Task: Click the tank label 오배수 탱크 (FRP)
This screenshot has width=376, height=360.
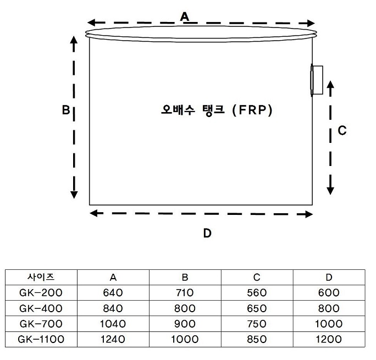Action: [217, 110]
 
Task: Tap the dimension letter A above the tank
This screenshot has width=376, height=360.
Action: [185, 17]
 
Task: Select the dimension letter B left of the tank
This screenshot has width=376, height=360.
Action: [65, 110]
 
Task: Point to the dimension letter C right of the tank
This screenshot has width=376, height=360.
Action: [341, 130]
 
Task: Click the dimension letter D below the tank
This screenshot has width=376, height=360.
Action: [207, 233]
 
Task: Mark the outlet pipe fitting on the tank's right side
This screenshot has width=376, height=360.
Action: [317, 80]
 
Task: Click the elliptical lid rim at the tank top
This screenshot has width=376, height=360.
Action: [202, 33]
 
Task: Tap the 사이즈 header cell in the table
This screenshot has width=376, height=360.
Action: [41, 276]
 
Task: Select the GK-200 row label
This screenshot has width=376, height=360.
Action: [41, 292]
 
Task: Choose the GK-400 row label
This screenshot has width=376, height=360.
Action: [41, 308]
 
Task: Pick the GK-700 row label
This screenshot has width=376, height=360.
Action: [41, 324]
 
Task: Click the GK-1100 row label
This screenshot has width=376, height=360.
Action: [41, 340]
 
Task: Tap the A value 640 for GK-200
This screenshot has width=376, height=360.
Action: [113, 292]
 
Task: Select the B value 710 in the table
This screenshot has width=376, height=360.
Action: [185, 292]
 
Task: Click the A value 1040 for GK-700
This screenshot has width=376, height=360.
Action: [113, 324]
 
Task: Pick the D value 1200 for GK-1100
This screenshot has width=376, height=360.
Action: [329, 340]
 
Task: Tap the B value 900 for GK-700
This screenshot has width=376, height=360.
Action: [185, 324]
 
